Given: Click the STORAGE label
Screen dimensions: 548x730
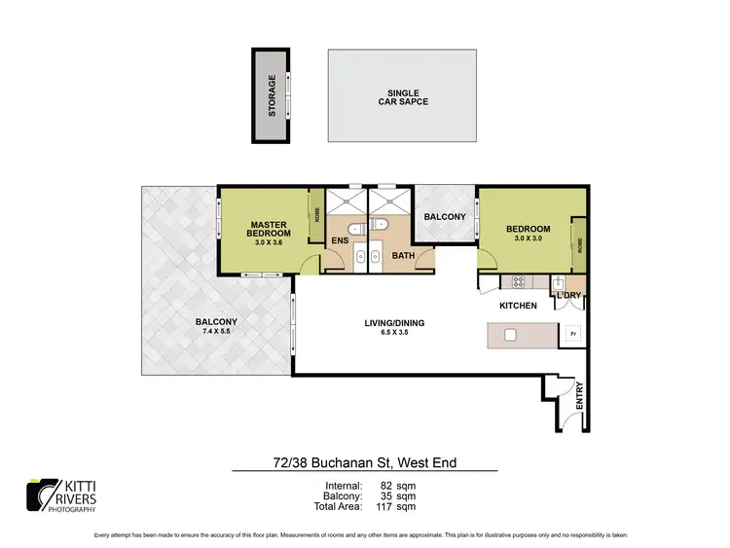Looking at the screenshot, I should pos(273,95).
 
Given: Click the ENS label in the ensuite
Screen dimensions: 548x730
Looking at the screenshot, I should pos(340,240).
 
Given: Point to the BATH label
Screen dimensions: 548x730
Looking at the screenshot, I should pos(403,257).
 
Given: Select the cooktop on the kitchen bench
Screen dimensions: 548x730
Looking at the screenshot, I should pos(518,282).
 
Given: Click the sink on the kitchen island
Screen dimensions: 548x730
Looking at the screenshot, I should pos(509,336).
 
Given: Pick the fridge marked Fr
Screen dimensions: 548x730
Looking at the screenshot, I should pos(572,335).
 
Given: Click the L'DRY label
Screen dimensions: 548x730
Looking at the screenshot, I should pos(567,295).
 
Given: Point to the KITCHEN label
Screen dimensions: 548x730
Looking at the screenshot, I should pos(518,306).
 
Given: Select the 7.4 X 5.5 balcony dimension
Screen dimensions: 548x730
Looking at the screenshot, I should pos(215,331).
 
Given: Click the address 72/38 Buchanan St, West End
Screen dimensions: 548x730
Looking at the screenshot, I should pos(365,463).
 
